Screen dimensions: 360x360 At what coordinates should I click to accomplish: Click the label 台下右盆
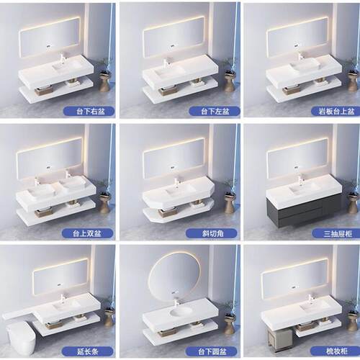91,112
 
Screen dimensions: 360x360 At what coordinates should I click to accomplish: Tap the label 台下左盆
215,112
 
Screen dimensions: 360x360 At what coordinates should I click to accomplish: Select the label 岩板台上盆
337,112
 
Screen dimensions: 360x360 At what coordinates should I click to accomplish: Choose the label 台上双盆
87,233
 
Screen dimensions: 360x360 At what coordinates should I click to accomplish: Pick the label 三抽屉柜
338,233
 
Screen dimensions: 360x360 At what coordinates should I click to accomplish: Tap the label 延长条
88,352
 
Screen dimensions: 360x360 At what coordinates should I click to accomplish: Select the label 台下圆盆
212,352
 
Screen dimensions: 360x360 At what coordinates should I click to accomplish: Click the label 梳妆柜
337,351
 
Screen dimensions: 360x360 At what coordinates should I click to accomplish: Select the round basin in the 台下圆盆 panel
181,313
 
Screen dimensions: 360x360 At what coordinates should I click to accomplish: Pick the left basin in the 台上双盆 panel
40,192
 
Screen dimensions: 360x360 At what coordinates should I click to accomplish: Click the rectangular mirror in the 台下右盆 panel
50,37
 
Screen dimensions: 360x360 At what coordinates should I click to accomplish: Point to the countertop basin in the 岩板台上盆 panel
305,64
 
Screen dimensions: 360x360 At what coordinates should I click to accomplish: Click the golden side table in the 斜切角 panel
230,204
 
